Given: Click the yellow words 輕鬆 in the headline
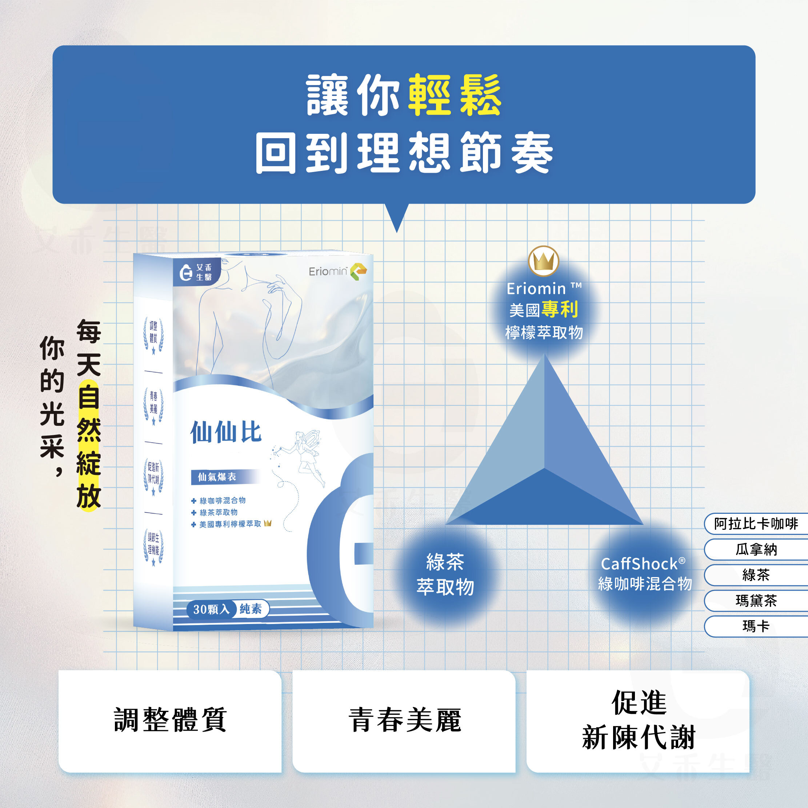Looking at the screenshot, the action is tap(455, 95).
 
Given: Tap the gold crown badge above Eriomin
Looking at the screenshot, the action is tap(543, 261).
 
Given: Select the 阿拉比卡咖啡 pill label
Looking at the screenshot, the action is tap(756, 524).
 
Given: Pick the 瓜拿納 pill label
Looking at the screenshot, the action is tap(756, 549).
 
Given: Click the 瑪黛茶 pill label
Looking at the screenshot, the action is tap(756, 601).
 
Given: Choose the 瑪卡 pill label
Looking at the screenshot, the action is tap(756, 626).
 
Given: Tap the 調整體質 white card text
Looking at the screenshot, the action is tap(170, 720).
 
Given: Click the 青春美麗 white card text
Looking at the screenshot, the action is tap(404, 720).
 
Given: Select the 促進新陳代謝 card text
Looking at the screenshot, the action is tap(639, 720).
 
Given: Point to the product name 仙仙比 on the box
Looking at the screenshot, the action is tap(226, 432).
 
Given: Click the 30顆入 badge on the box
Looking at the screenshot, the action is tap(211, 609).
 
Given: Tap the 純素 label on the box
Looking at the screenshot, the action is tap(251, 609).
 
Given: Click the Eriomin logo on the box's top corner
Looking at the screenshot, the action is tap(337, 271).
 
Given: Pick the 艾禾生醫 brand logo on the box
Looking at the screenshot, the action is tap(196, 272).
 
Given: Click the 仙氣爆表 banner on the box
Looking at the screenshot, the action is tap(217, 477).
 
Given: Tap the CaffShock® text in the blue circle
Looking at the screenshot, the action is tap(643, 564).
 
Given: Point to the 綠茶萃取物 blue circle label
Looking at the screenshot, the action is tap(445, 574).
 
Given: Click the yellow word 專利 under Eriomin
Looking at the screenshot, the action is tap(560, 309).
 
